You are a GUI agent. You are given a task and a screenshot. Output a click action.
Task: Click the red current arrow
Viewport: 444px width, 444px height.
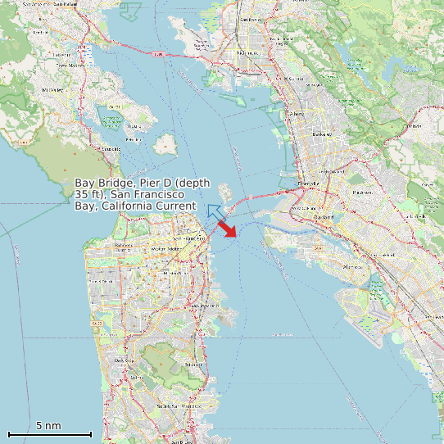click(x=227, y=229)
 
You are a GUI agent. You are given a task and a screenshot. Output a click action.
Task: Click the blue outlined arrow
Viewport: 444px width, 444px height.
click(x=215, y=213)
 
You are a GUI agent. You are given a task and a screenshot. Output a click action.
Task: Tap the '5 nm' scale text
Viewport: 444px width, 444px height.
click(x=48, y=426)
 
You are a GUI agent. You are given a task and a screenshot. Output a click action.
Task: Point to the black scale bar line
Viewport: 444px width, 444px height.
click(x=49, y=434)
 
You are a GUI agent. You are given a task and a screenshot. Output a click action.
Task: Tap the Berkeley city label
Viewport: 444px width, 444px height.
click(x=321, y=134)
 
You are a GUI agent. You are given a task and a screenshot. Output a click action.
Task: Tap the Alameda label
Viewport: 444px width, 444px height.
click(x=352, y=266)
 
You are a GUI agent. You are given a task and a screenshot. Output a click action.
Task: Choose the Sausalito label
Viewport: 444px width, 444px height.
click(x=110, y=149)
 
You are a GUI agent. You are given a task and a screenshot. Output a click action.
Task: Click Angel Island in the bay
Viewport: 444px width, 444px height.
click(x=166, y=144)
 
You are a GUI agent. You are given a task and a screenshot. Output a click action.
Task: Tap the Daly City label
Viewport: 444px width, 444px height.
click(x=123, y=360)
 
